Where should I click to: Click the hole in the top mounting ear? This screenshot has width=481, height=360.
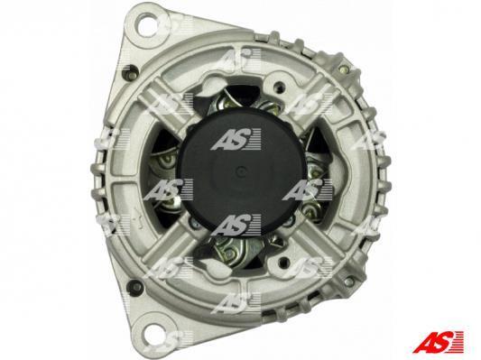(x=150, y=24)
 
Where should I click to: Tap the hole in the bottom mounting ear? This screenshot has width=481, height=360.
(x=150, y=333)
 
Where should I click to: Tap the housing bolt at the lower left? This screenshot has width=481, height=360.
(x=134, y=286)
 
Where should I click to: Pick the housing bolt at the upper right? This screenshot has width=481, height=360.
(x=344, y=70)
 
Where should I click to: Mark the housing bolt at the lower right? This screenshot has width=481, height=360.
(x=347, y=282)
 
